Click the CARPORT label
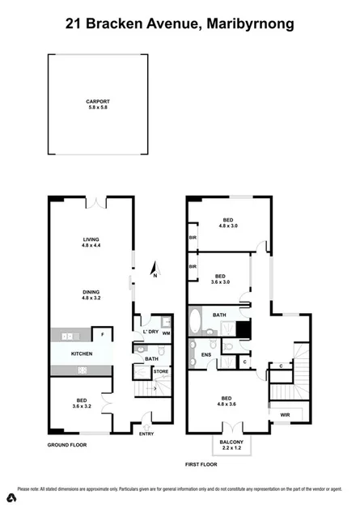tap(97, 101)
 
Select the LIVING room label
tap(90, 239)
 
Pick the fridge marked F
tap(102, 333)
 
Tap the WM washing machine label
tap(165, 333)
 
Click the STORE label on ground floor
tap(161, 372)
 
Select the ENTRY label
tap(146, 434)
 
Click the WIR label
tap(286, 415)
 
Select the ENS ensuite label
tap(205, 354)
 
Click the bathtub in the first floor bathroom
tap(195, 322)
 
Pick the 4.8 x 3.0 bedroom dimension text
tap(229, 227)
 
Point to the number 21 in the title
tap(74, 24)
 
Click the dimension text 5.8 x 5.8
tap(97, 108)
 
